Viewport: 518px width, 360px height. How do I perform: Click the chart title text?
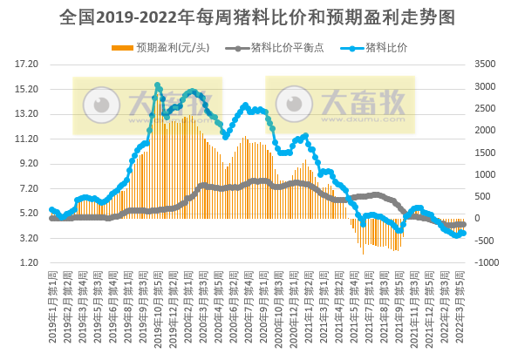tap(259, 17)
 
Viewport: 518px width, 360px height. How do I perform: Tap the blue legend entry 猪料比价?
tap(385, 47)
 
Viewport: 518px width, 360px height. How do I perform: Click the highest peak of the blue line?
tap(158, 85)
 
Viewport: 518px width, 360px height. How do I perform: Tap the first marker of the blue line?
tap(51, 210)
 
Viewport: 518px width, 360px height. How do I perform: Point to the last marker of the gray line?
tap(463, 224)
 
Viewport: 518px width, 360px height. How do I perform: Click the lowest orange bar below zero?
tap(364, 254)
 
